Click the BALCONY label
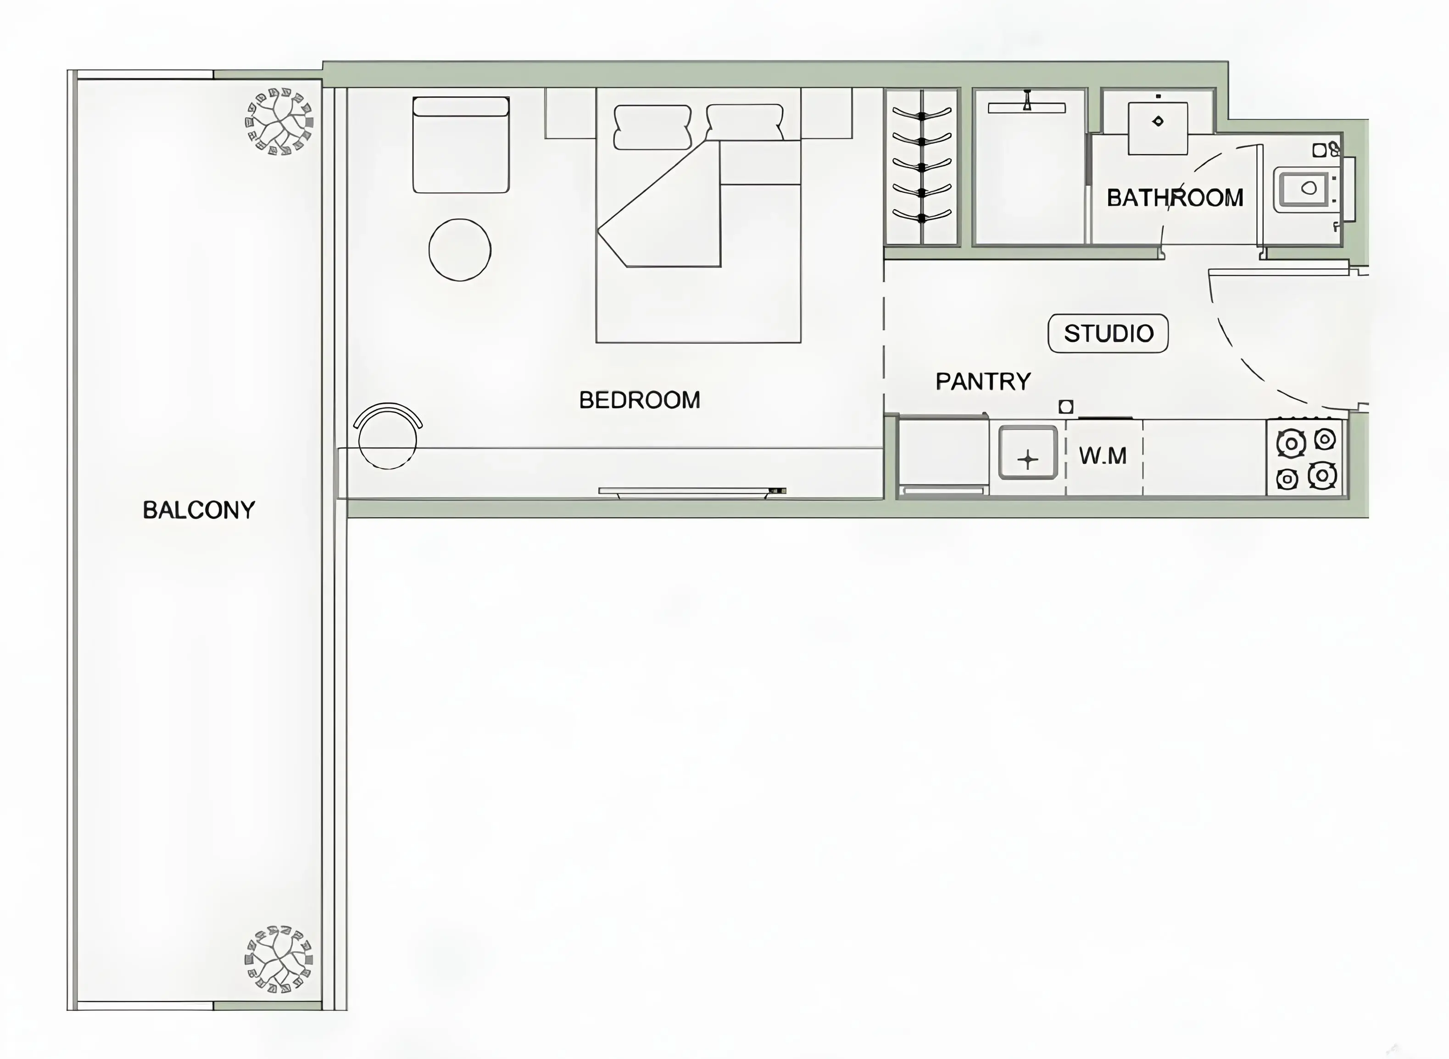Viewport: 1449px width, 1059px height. coord(199,510)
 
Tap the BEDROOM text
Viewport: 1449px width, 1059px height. coord(639,400)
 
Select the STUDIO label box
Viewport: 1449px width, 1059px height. coord(1108,333)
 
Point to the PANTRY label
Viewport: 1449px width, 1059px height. coord(983,381)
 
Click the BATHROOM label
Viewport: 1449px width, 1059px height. coord(1175,197)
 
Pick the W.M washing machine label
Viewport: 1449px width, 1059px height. coord(1102,456)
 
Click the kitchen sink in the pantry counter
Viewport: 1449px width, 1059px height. coord(1027,452)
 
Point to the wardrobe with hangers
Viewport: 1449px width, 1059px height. coord(921,167)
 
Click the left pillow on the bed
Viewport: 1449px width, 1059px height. coord(652,128)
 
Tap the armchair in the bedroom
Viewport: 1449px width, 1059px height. coord(461,145)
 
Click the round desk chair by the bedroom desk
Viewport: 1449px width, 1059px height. coord(387,438)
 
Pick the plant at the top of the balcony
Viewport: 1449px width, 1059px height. coord(279,121)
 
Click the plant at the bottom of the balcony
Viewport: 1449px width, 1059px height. coord(279,959)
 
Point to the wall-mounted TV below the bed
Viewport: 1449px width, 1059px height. coord(691,492)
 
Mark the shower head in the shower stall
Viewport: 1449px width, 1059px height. coord(1027,103)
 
